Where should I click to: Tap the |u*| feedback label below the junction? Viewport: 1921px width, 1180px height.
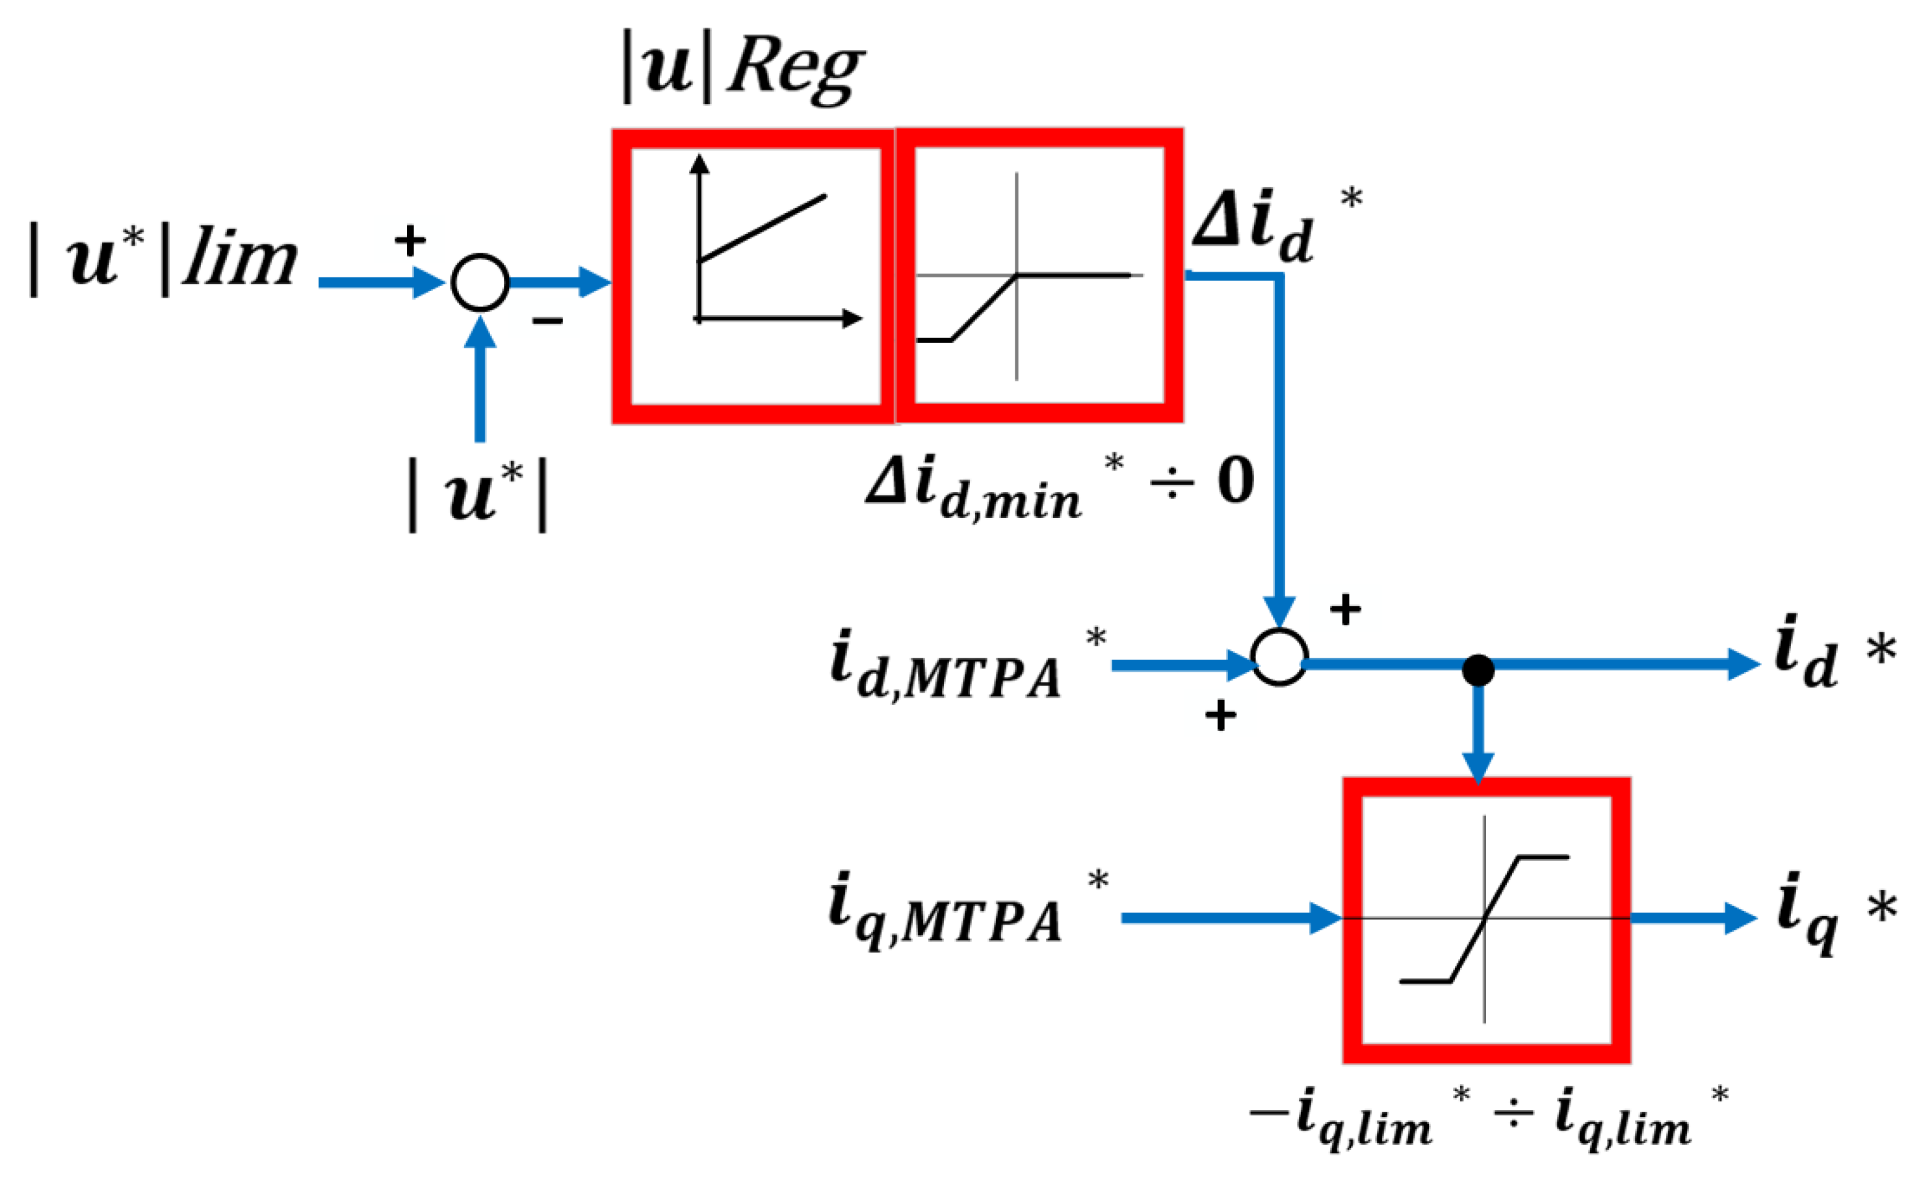pos(478,496)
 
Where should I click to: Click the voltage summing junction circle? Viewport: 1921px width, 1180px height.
pos(480,283)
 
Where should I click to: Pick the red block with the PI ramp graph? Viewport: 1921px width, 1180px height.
pos(754,276)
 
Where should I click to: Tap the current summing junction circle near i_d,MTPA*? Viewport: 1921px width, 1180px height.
pos(1279,657)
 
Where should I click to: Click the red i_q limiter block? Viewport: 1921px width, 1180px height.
pos(1485,921)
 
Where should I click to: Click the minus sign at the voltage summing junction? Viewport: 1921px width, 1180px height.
pos(548,320)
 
